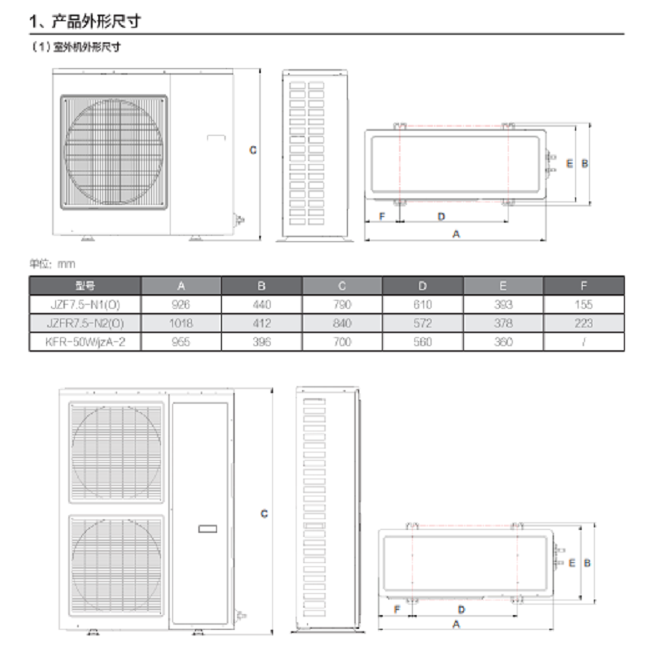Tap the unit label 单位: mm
click(x=52, y=263)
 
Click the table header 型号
click(x=85, y=285)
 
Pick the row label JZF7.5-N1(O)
click(x=85, y=304)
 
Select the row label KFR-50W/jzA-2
click(x=85, y=342)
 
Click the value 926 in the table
click(x=182, y=304)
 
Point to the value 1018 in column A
click(x=182, y=323)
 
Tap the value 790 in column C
click(x=342, y=304)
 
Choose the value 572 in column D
click(x=422, y=323)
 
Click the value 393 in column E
click(x=504, y=304)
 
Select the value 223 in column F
click(x=584, y=323)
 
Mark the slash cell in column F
click(x=584, y=342)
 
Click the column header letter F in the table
click(x=584, y=285)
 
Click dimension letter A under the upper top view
click(x=456, y=233)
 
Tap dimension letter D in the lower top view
click(x=461, y=609)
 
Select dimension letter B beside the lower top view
click(x=587, y=562)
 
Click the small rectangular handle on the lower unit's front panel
click(x=207, y=529)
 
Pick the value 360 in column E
click(x=504, y=342)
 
